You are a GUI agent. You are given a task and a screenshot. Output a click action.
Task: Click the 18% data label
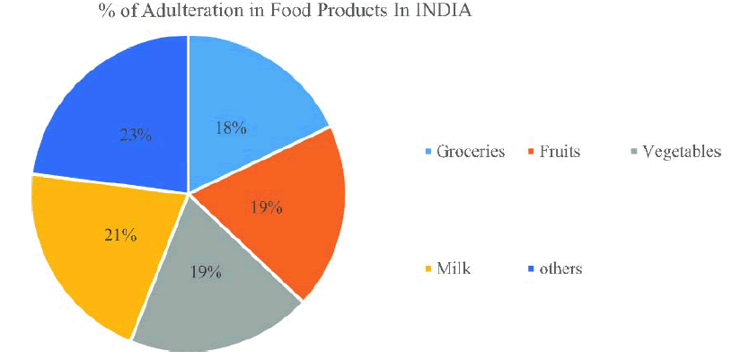tap(231, 127)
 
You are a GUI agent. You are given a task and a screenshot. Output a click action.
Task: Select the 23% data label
tap(136, 135)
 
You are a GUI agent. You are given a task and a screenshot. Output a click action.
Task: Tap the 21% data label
tap(120, 235)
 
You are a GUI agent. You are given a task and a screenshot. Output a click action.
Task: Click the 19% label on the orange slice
tap(267, 208)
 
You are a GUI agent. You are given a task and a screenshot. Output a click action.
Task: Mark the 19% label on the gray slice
tap(206, 270)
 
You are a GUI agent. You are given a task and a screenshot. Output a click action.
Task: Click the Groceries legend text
tap(471, 152)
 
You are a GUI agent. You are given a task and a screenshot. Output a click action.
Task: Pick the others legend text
tap(560, 268)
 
